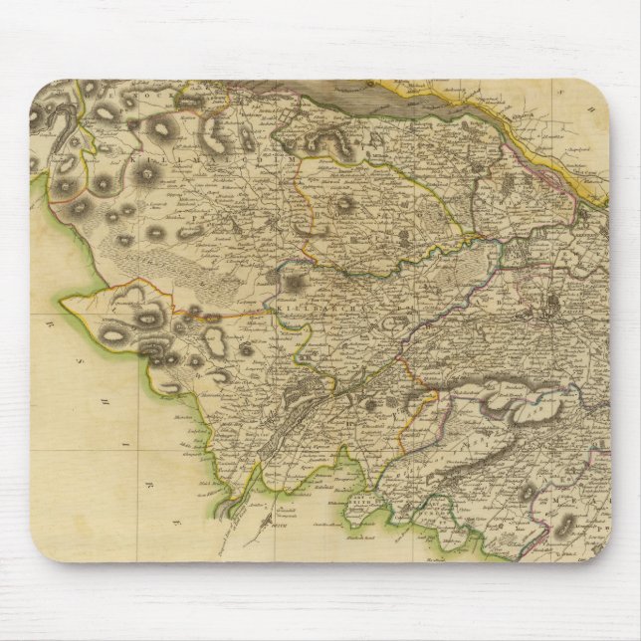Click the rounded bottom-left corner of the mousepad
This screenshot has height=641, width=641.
pos(40,602)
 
